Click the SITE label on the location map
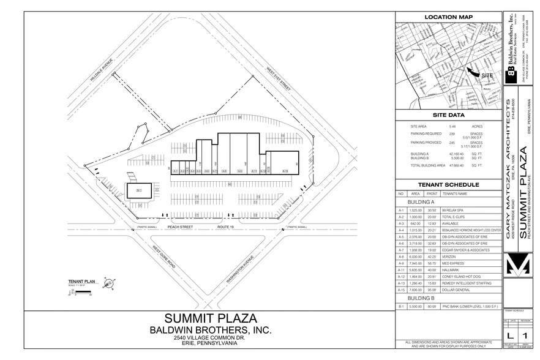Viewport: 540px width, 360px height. coord(487,75)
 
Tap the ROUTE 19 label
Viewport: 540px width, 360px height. coord(226,227)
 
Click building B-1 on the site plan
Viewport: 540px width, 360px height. coord(139,191)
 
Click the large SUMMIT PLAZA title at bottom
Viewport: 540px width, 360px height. coord(211,318)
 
